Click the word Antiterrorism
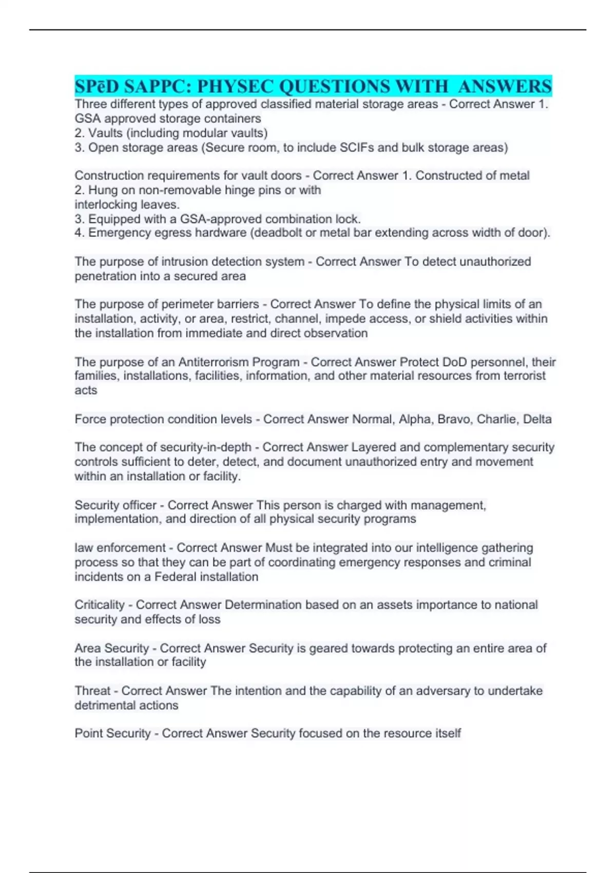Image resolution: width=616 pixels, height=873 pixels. pyautogui.click(x=213, y=362)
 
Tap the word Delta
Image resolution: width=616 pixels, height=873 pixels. pyautogui.click(x=537, y=419)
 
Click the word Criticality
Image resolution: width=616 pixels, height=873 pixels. pyautogui.click(x=100, y=605)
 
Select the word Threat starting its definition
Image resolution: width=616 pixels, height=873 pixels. pyautogui.click(x=92, y=691)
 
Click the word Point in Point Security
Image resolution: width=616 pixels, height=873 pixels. pyautogui.click(x=89, y=733)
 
